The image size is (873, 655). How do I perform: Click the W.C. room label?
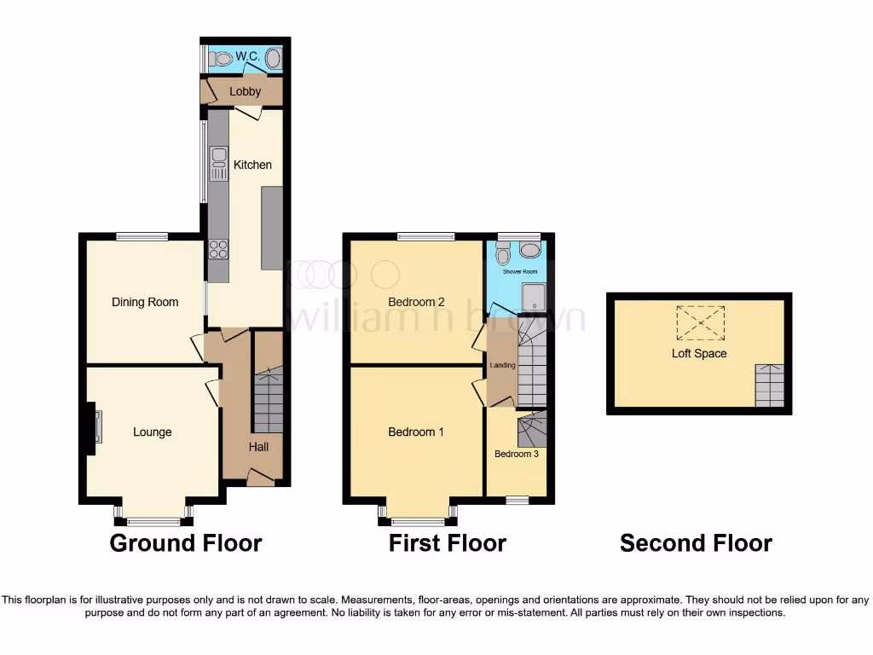[247, 57]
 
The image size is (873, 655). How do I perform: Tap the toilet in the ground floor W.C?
[222, 59]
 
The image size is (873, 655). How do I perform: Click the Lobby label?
[246, 91]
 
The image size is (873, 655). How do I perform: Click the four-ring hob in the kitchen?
[218, 248]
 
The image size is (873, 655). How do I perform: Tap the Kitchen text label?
[252, 165]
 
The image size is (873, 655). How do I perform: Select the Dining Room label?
[145, 302]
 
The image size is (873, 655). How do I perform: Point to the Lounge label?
[152, 432]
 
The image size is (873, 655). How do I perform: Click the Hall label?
[259, 447]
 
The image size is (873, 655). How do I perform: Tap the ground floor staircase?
[268, 401]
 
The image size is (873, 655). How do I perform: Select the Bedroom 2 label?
[416, 302]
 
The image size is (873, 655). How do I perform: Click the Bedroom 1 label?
[415, 432]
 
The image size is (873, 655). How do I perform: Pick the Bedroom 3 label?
[517, 454]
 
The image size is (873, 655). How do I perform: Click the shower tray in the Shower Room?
[534, 297]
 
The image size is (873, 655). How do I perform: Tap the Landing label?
[502, 366]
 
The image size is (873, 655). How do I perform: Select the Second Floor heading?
[696, 543]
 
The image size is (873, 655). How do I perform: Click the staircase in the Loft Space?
[769, 385]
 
